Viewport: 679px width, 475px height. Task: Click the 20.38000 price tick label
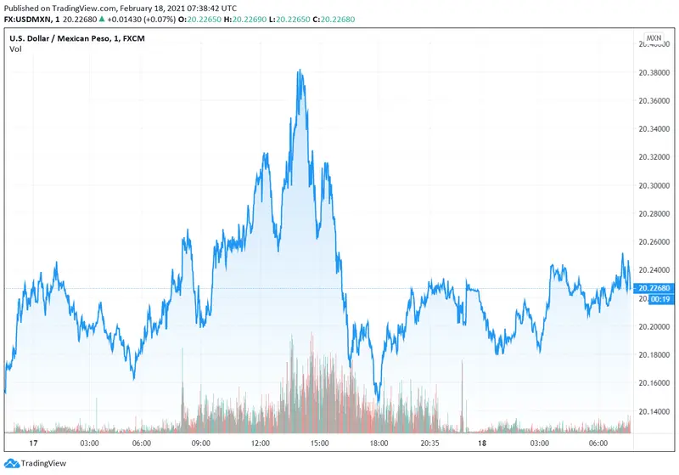[x=654, y=73]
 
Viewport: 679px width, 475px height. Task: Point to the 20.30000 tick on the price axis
[x=654, y=185]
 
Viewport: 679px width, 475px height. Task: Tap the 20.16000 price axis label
[x=654, y=383]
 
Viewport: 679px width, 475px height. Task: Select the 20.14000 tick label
[x=654, y=411]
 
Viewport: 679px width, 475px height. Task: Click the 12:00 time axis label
[x=260, y=443]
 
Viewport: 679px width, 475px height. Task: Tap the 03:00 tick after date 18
[x=537, y=443]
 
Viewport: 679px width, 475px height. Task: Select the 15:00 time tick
[x=318, y=443]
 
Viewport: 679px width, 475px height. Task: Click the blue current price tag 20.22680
[x=654, y=289]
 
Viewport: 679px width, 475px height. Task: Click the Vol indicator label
[x=15, y=49]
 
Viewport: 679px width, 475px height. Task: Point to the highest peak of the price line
[x=300, y=71]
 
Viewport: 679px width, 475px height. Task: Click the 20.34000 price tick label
[x=654, y=129]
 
